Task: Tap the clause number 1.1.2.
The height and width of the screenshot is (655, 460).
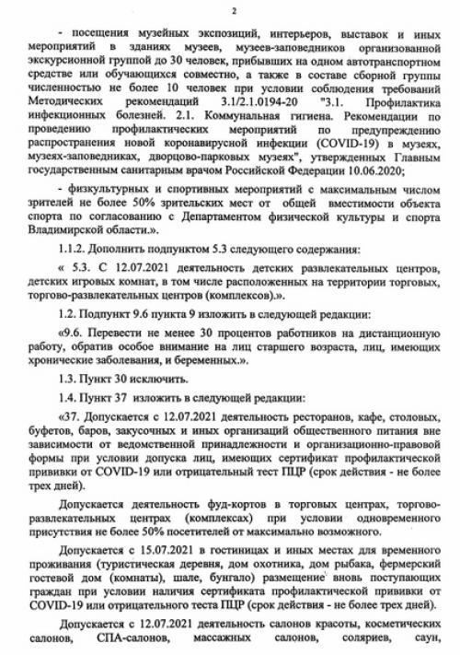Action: [76, 250]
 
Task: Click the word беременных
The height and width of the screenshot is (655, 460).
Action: [242, 386]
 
